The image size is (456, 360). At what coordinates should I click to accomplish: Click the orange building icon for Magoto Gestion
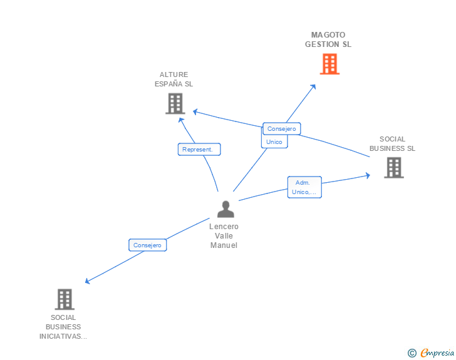pos(329,64)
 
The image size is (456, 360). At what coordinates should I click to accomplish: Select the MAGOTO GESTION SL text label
pos(328,39)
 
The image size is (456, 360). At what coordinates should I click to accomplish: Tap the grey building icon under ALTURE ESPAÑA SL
pos(175,103)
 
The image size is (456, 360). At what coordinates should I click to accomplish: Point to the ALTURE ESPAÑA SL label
pos(174,79)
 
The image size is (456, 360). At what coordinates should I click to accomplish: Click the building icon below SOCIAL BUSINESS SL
pos(393,167)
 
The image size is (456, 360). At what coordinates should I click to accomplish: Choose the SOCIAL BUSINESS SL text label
pos(392,144)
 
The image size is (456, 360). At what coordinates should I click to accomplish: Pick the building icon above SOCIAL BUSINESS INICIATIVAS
pos(65,299)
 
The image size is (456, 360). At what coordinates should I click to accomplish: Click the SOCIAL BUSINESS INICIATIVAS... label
pos(63,327)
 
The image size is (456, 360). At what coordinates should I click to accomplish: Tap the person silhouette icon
pos(225,210)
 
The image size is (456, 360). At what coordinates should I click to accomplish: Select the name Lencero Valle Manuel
pos(224,236)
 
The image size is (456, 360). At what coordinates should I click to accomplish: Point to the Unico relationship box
pos(274,142)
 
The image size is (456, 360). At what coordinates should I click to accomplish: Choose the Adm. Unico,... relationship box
pos(304,187)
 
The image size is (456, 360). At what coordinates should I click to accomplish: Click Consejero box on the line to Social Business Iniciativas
pos(148,245)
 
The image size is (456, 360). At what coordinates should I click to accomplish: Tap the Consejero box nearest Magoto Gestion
pos(282,129)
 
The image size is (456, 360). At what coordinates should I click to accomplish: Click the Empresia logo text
pos(437,353)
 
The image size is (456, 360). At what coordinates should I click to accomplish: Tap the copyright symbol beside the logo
pos(412,353)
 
